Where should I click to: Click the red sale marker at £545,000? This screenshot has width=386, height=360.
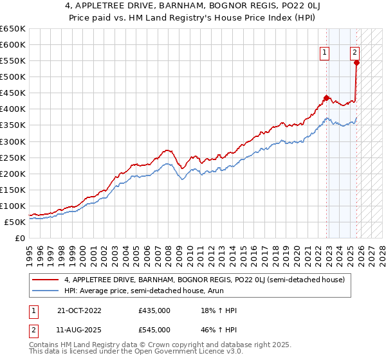[356, 62]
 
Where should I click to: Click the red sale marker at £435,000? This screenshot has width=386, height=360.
[326, 98]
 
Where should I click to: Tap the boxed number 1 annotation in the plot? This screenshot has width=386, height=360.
[325, 53]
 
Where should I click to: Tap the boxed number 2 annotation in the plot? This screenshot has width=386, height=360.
[354, 53]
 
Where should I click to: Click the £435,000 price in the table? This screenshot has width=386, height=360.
[154, 310]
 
